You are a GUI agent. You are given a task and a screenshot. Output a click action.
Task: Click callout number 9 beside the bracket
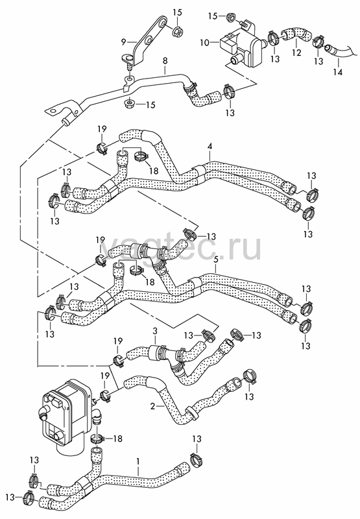123,42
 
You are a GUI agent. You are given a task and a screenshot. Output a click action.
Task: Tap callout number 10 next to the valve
204,43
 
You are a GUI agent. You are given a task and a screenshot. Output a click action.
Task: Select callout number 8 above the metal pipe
165,60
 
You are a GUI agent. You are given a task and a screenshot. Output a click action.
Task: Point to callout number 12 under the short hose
297,53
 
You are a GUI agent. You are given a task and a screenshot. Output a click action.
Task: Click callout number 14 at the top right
338,72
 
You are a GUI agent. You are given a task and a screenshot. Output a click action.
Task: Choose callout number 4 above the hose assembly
210,147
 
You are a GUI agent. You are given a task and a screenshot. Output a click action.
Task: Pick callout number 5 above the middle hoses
216,259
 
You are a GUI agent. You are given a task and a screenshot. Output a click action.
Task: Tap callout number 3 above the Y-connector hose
155,331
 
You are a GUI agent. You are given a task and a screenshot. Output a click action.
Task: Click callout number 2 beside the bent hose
152,406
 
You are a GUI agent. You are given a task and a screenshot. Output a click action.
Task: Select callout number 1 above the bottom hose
138,461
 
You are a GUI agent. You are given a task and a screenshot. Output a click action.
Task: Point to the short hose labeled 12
296,36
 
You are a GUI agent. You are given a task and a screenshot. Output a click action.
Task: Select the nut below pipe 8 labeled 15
128,104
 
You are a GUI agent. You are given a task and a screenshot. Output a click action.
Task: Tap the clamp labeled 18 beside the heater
97,439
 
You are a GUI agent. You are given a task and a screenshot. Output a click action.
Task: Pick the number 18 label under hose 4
153,170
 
